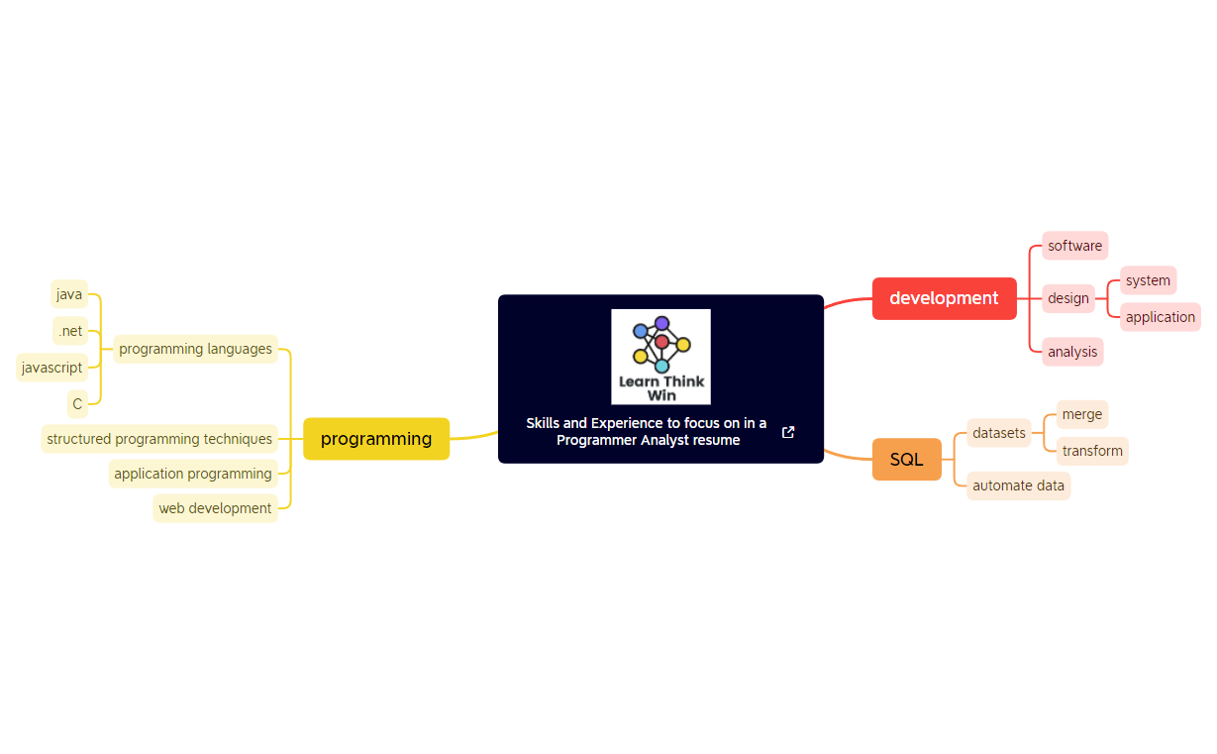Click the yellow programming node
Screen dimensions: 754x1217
coord(376,439)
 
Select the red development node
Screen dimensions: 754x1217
coord(944,298)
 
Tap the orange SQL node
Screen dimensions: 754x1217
coord(906,460)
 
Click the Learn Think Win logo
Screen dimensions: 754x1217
coord(660,357)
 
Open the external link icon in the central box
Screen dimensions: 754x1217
coord(788,432)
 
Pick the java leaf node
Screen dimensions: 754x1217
coord(69,294)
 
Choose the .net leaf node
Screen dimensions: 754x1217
coord(70,331)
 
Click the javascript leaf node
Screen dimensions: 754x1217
coord(51,368)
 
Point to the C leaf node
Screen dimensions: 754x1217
coord(77,404)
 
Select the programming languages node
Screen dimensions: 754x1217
coord(195,349)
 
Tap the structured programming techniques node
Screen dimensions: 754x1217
coord(159,439)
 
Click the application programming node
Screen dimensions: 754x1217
coord(193,474)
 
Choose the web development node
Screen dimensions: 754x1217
coord(215,508)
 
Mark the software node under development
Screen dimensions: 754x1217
coord(1074,246)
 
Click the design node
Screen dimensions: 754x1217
coord(1068,298)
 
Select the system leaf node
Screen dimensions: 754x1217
coord(1148,280)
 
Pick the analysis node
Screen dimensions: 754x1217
coord(1072,352)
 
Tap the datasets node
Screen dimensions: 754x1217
coord(999,433)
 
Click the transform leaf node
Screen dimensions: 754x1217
coord(1092,451)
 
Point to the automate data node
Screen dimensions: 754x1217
coord(1018,485)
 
